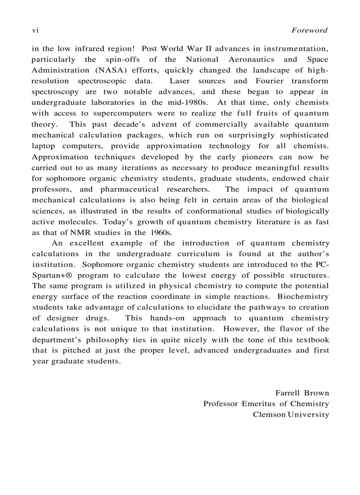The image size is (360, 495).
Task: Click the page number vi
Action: click(35, 30)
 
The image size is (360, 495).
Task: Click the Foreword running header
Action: click(310, 30)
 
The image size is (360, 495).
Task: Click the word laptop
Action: click(43, 146)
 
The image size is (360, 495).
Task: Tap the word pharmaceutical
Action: click(129, 190)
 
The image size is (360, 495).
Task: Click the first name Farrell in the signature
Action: click(287, 393)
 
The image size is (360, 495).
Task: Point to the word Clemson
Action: click(269, 415)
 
